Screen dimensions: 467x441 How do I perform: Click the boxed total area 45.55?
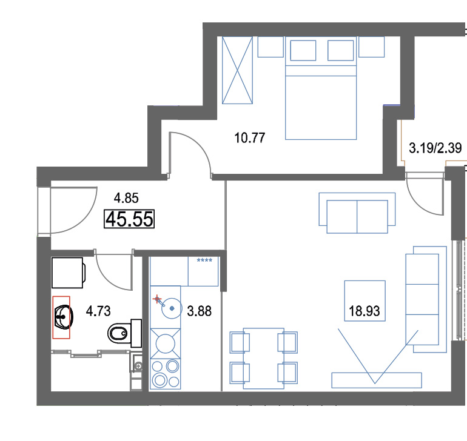click(x=129, y=219)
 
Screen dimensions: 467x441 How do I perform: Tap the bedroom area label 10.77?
click(x=250, y=138)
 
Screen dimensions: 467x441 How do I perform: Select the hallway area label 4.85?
click(x=126, y=198)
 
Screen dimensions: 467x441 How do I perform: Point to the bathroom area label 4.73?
click(x=98, y=311)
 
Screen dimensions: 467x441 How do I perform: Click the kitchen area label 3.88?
click(x=200, y=311)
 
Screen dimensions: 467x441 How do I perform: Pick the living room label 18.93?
click(x=365, y=311)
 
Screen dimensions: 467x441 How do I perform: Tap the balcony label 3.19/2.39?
click(x=435, y=148)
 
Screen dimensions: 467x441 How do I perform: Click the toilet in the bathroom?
click(x=124, y=333)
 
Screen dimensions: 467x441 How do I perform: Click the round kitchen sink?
click(x=172, y=308)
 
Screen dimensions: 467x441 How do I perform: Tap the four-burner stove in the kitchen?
click(x=166, y=374)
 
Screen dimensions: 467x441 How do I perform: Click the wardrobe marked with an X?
click(x=237, y=70)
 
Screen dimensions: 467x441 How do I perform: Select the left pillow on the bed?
click(x=303, y=51)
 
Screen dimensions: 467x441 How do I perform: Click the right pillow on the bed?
click(x=340, y=51)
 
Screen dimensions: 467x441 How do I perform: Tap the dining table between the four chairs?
click(x=264, y=358)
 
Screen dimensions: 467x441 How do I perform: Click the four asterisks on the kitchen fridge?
click(x=204, y=260)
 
